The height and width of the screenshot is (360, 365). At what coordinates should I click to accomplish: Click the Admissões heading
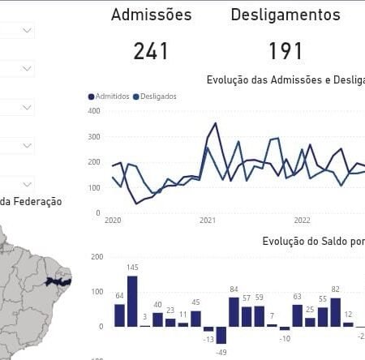(x=151, y=15)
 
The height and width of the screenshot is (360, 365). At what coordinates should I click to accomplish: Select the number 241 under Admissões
(x=151, y=51)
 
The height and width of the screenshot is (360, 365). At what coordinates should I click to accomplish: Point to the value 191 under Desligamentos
(x=285, y=51)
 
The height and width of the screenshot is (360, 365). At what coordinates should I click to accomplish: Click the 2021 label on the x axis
(x=208, y=220)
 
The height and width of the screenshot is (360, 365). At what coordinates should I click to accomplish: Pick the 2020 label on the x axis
(x=114, y=220)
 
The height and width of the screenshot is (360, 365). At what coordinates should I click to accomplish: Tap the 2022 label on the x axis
(x=302, y=220)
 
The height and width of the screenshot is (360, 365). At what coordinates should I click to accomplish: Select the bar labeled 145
(x=132, y=301)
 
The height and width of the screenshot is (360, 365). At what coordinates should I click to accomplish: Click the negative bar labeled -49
(x=221, y=335)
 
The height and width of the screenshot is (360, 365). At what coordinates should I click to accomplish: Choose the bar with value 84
(x=234, y=311)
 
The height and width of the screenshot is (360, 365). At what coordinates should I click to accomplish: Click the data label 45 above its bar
(x=195, y=302)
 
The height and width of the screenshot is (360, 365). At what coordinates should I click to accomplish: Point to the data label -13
(x=208, y=339)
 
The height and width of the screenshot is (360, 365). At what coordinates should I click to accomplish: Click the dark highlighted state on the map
(x=59, y=281)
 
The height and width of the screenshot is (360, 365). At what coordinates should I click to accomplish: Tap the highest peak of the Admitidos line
(x=215, y=124)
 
